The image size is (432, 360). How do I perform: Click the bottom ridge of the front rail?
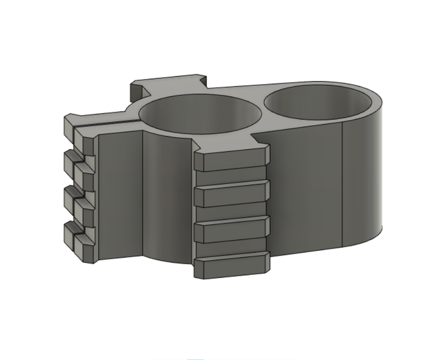(x=232, y=265)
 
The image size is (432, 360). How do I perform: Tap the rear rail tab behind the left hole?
(x=167, y=84)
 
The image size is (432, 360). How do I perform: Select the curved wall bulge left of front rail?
(x=167, y=200)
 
